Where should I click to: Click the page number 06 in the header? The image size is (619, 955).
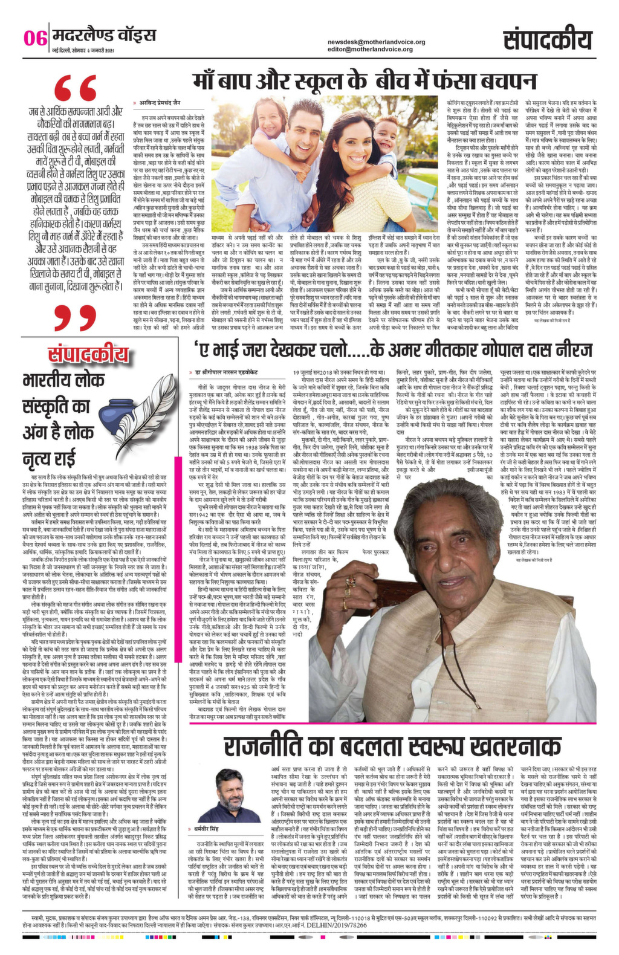tap(34, 38)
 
